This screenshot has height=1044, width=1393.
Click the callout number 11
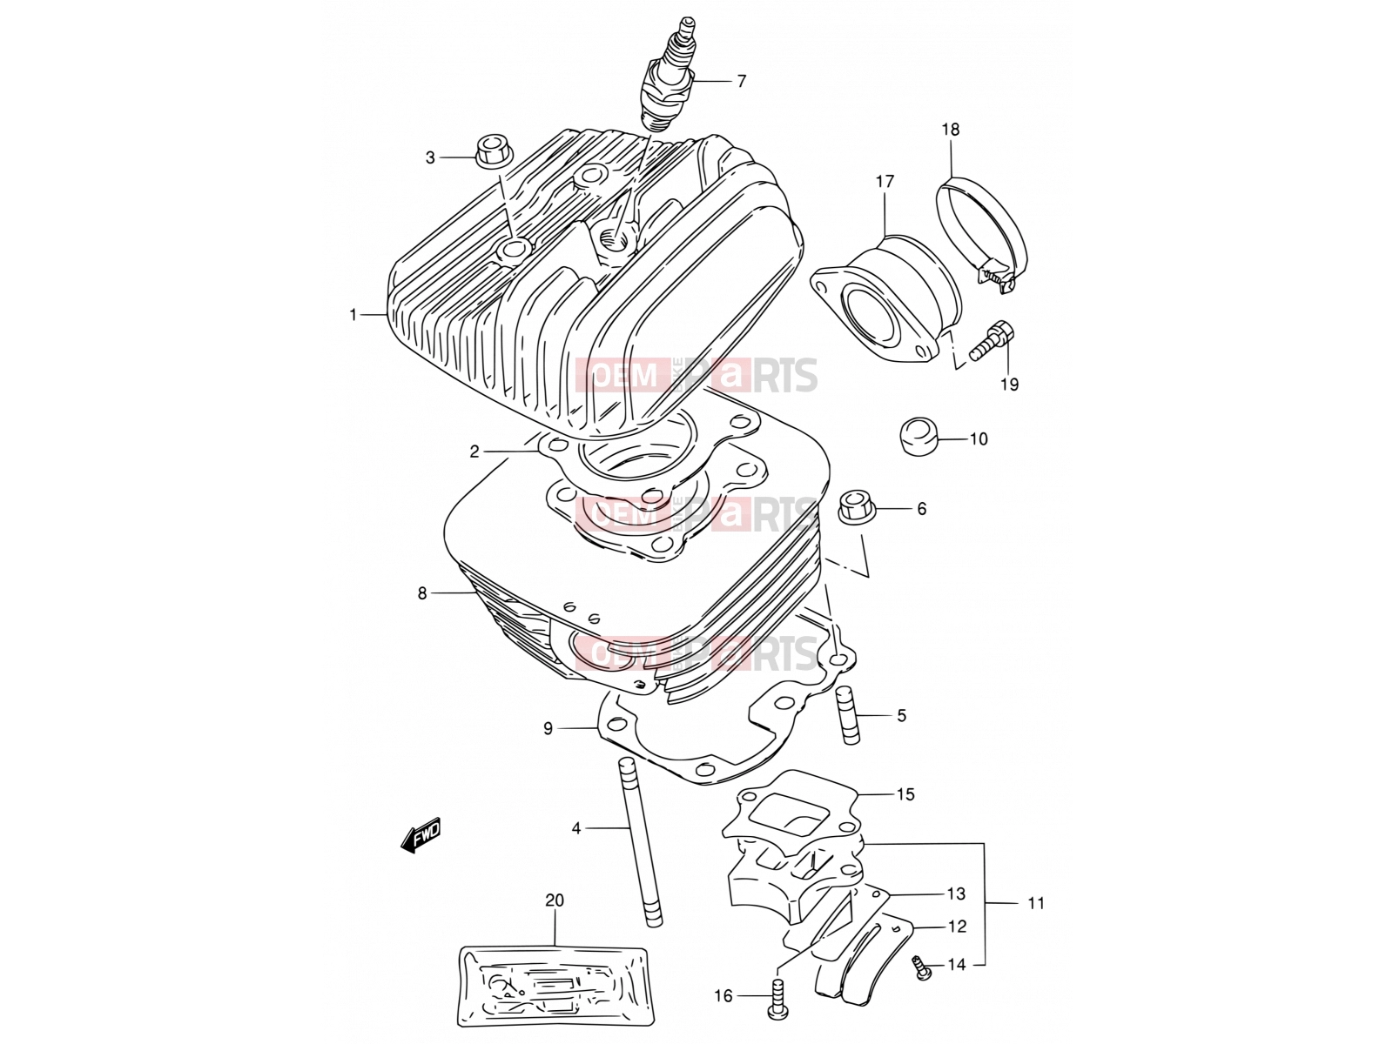1036,903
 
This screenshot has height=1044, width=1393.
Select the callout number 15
905,793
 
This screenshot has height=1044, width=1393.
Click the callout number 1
353,314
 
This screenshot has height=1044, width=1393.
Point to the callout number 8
422,593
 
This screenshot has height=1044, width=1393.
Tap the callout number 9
548,729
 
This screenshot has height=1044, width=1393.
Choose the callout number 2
474,452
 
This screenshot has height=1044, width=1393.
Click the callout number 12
957,927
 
